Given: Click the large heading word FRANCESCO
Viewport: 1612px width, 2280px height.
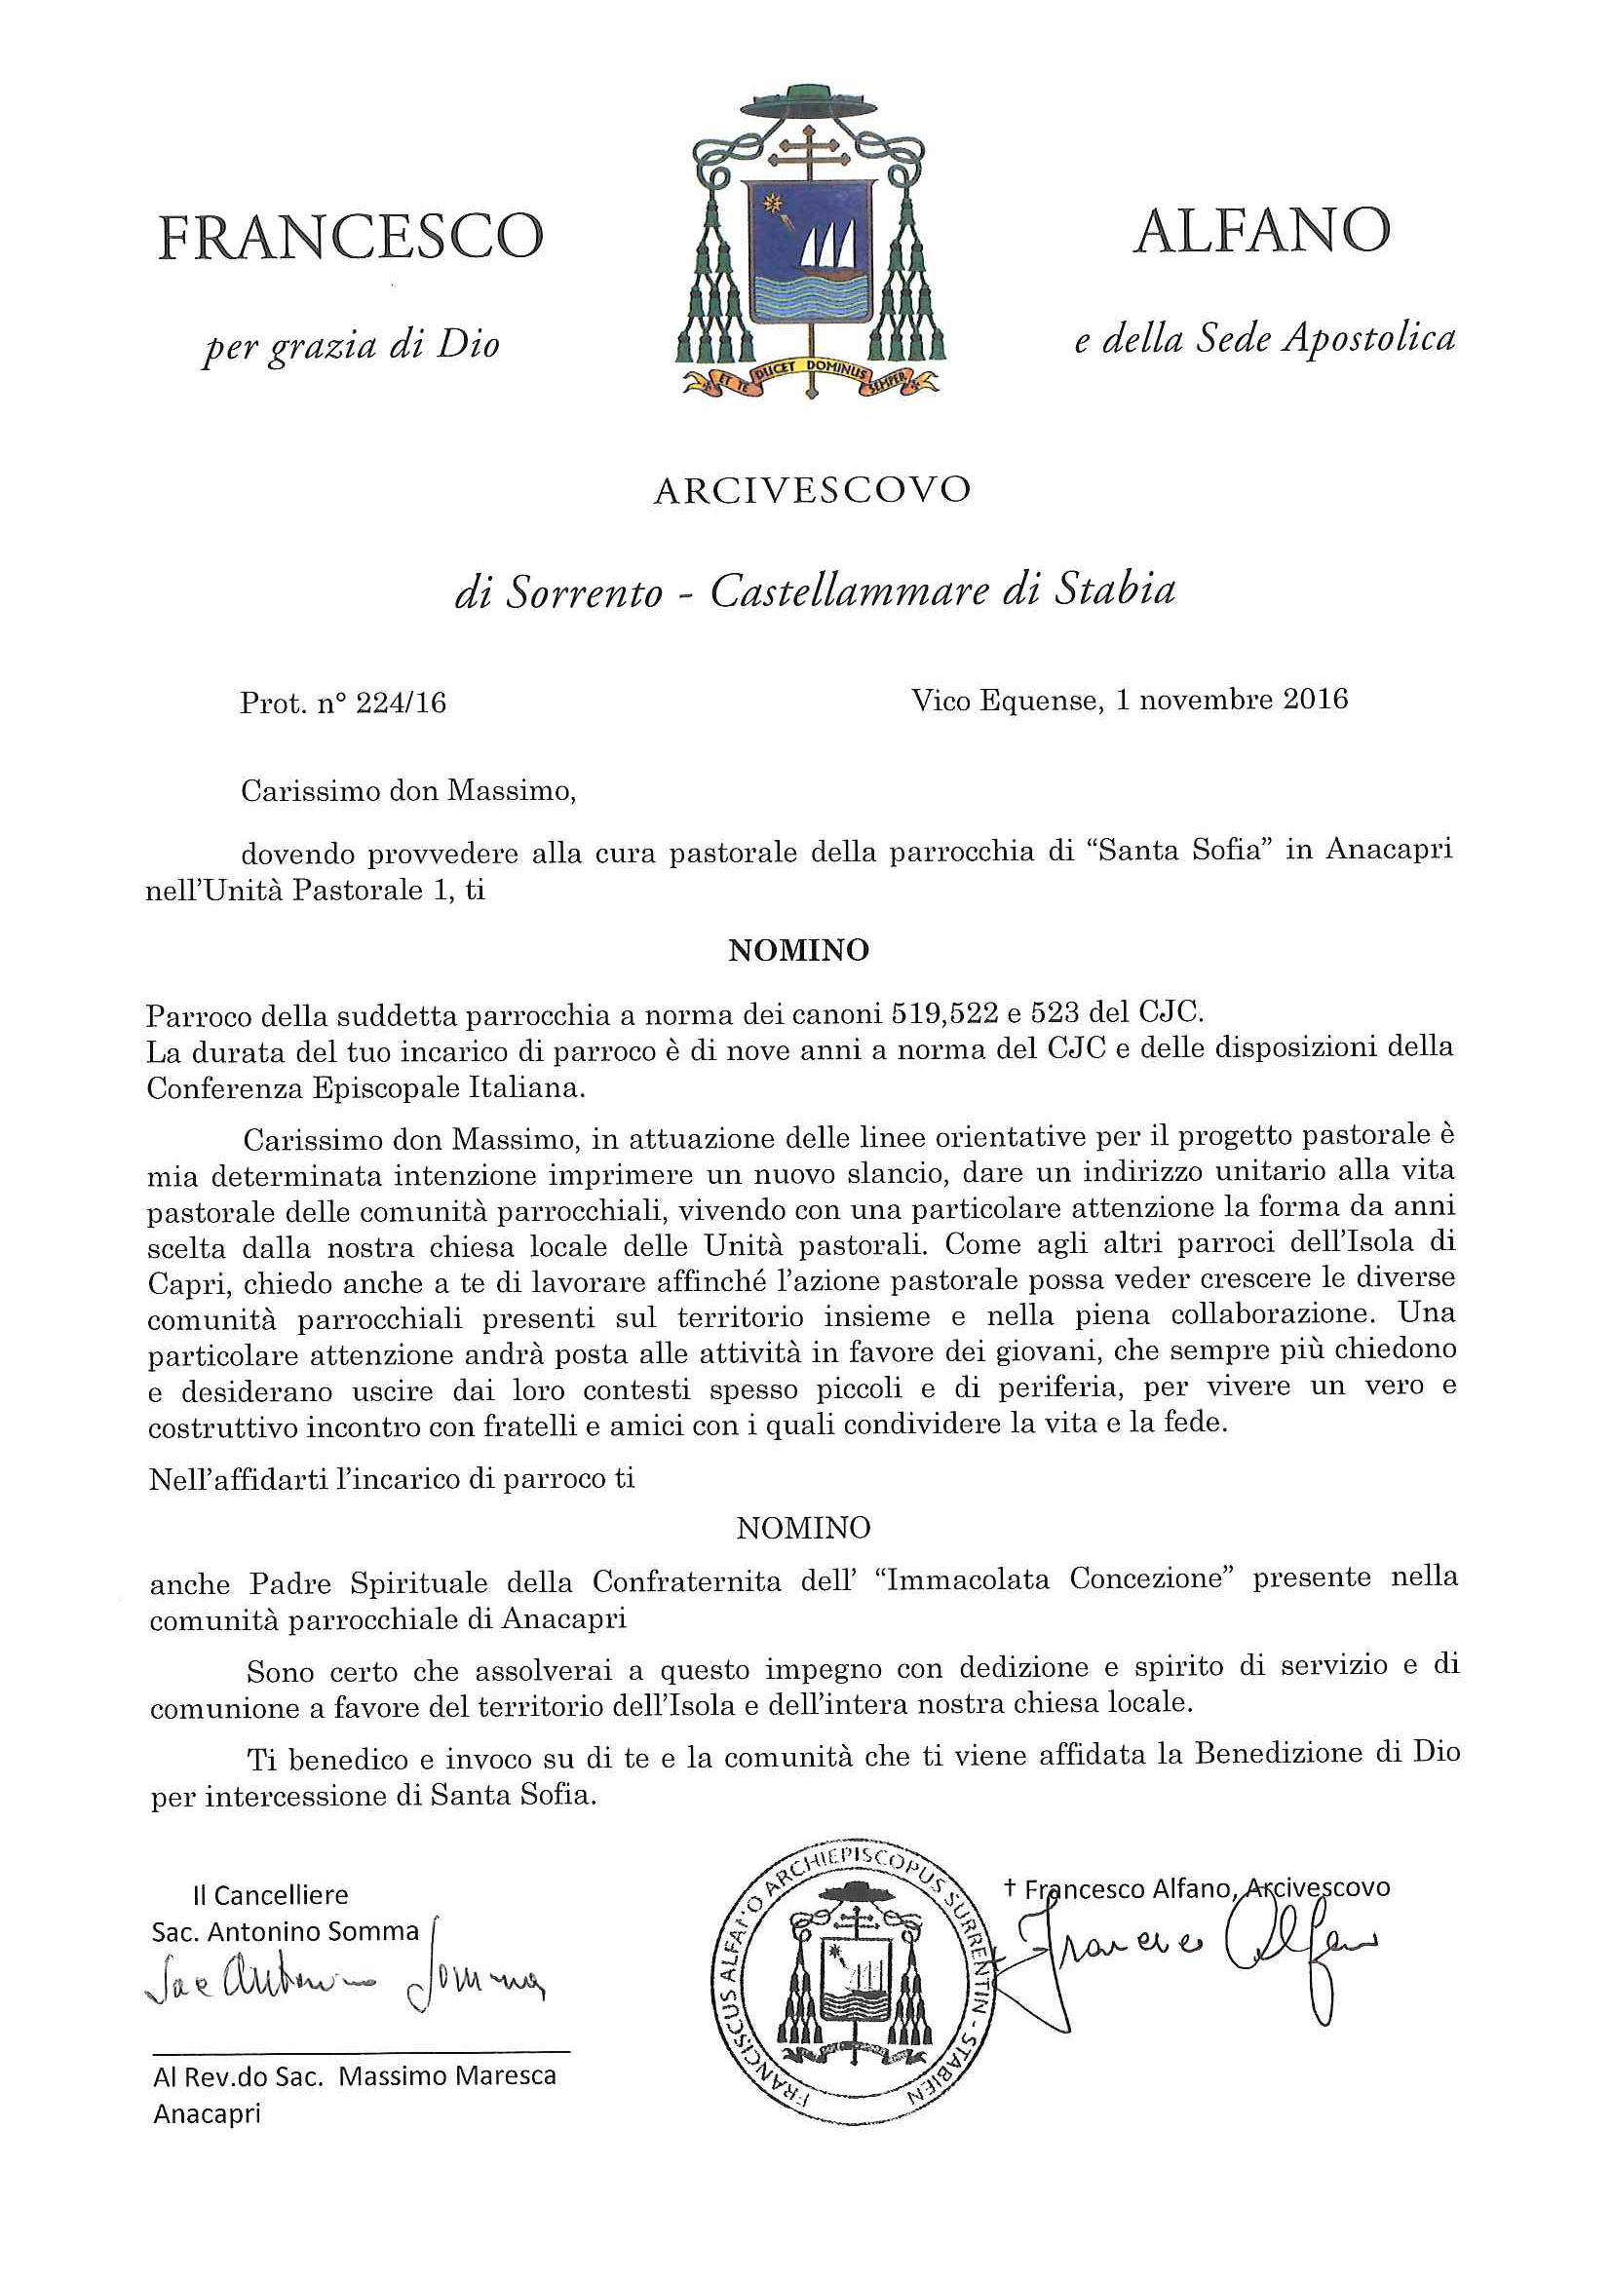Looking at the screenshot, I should (x=351, y=239).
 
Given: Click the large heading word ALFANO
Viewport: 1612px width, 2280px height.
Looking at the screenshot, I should (x=1260, y=231).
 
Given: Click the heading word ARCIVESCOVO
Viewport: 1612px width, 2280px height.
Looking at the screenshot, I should (x=812, y=491).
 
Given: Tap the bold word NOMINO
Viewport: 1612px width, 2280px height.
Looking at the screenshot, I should (x=798, y=950).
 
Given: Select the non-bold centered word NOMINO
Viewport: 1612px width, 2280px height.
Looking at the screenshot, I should (x=803, y=1527).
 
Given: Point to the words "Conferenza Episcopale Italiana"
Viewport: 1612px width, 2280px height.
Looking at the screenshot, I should (x=366, y=1087).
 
